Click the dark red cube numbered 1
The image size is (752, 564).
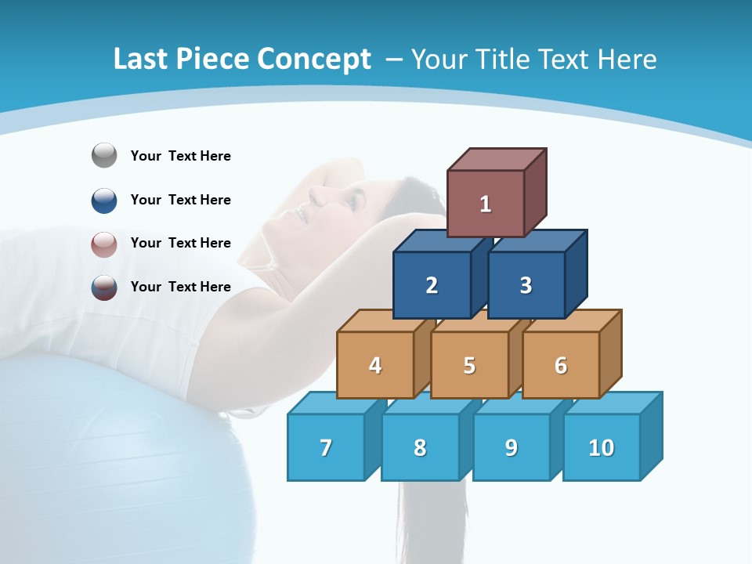(x=486, y=204)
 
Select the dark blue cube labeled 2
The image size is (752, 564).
(x=432, y=285)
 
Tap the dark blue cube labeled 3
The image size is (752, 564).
(x=526, y=285)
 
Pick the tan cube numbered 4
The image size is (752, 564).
(x=375, y=365)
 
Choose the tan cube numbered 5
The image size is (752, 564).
(x=469, y=365)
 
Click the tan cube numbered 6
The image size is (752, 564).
(x=561, y=365)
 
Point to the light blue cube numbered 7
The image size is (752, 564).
(x=326, y=447)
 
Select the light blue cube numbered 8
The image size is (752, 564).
(x=420, y=447)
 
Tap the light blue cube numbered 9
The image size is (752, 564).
(x=512, y=447)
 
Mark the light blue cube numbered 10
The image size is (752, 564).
(x=602, y=447)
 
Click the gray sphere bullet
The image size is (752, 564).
(x=104, y=156)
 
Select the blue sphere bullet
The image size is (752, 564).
(x=104, y=200)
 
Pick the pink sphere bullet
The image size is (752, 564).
(x=104, y=244)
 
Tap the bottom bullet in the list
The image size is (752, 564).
(x=104, y=287)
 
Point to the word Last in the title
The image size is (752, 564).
(x=141, y=60)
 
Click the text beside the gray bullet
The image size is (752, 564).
(x=181, y=156)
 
